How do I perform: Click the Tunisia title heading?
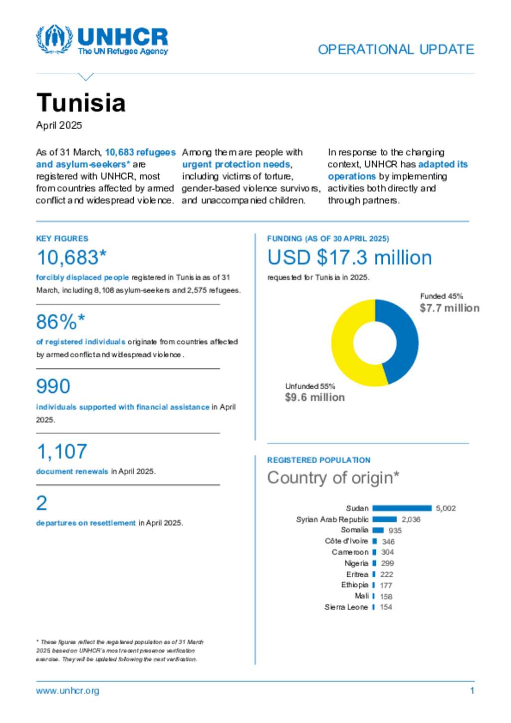click(x=81, y=103)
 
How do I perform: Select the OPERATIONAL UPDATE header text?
click(x=396, y=49)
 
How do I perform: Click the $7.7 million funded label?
click(x=449, y=308)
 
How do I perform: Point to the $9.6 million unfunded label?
click(x=314, y=397)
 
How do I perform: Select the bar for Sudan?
click(x=402, y=508)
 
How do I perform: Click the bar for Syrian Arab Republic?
click(x=384, y=519)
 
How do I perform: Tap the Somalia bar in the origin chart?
click(x=378, y=530)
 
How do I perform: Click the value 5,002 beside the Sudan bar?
click(x=446, y=508)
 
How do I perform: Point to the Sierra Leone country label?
click(x=346, y=607)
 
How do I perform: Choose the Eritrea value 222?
click(x=386, y=574)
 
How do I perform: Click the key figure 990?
click(x=53, y=386)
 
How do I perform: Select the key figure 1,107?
click(x=62, y=452)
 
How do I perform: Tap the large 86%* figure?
click(x=60, y=322)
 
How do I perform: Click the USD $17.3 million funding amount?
click(x=349, y=257)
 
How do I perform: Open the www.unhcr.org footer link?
click(x=67, y=691)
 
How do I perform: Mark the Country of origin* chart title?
click(x=333, y=478)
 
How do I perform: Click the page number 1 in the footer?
click(x=472, y=691)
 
